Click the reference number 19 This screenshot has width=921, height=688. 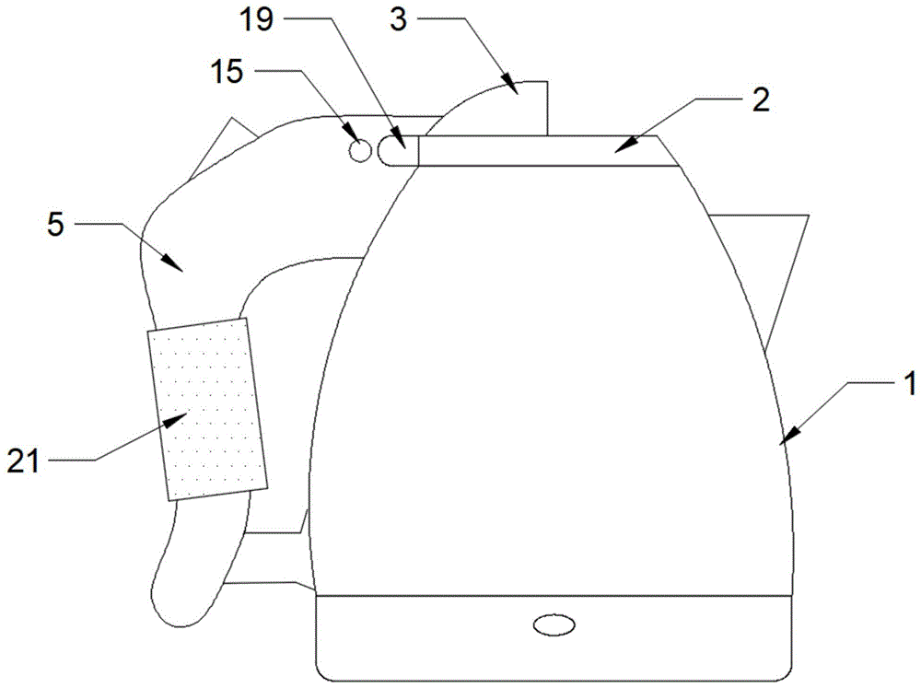click(256, 19)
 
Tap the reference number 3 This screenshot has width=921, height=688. click(398, 19)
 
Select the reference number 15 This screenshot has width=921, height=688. click(227, 72)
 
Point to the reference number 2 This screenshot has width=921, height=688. click(760, 100)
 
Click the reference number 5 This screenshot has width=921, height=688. click(56, 225)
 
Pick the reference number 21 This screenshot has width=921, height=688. click(23, 461)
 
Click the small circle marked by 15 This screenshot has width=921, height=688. click(360, 151)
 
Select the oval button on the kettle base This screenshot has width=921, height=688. click(554, 624)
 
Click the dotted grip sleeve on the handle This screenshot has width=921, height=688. click(207, 409)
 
